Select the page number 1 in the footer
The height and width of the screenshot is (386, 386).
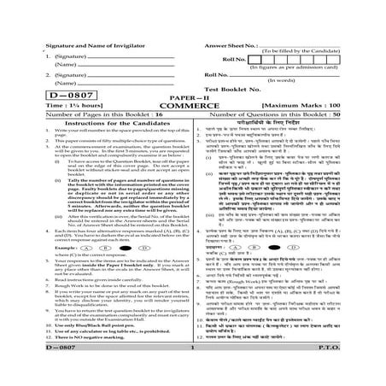pos(193,366)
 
